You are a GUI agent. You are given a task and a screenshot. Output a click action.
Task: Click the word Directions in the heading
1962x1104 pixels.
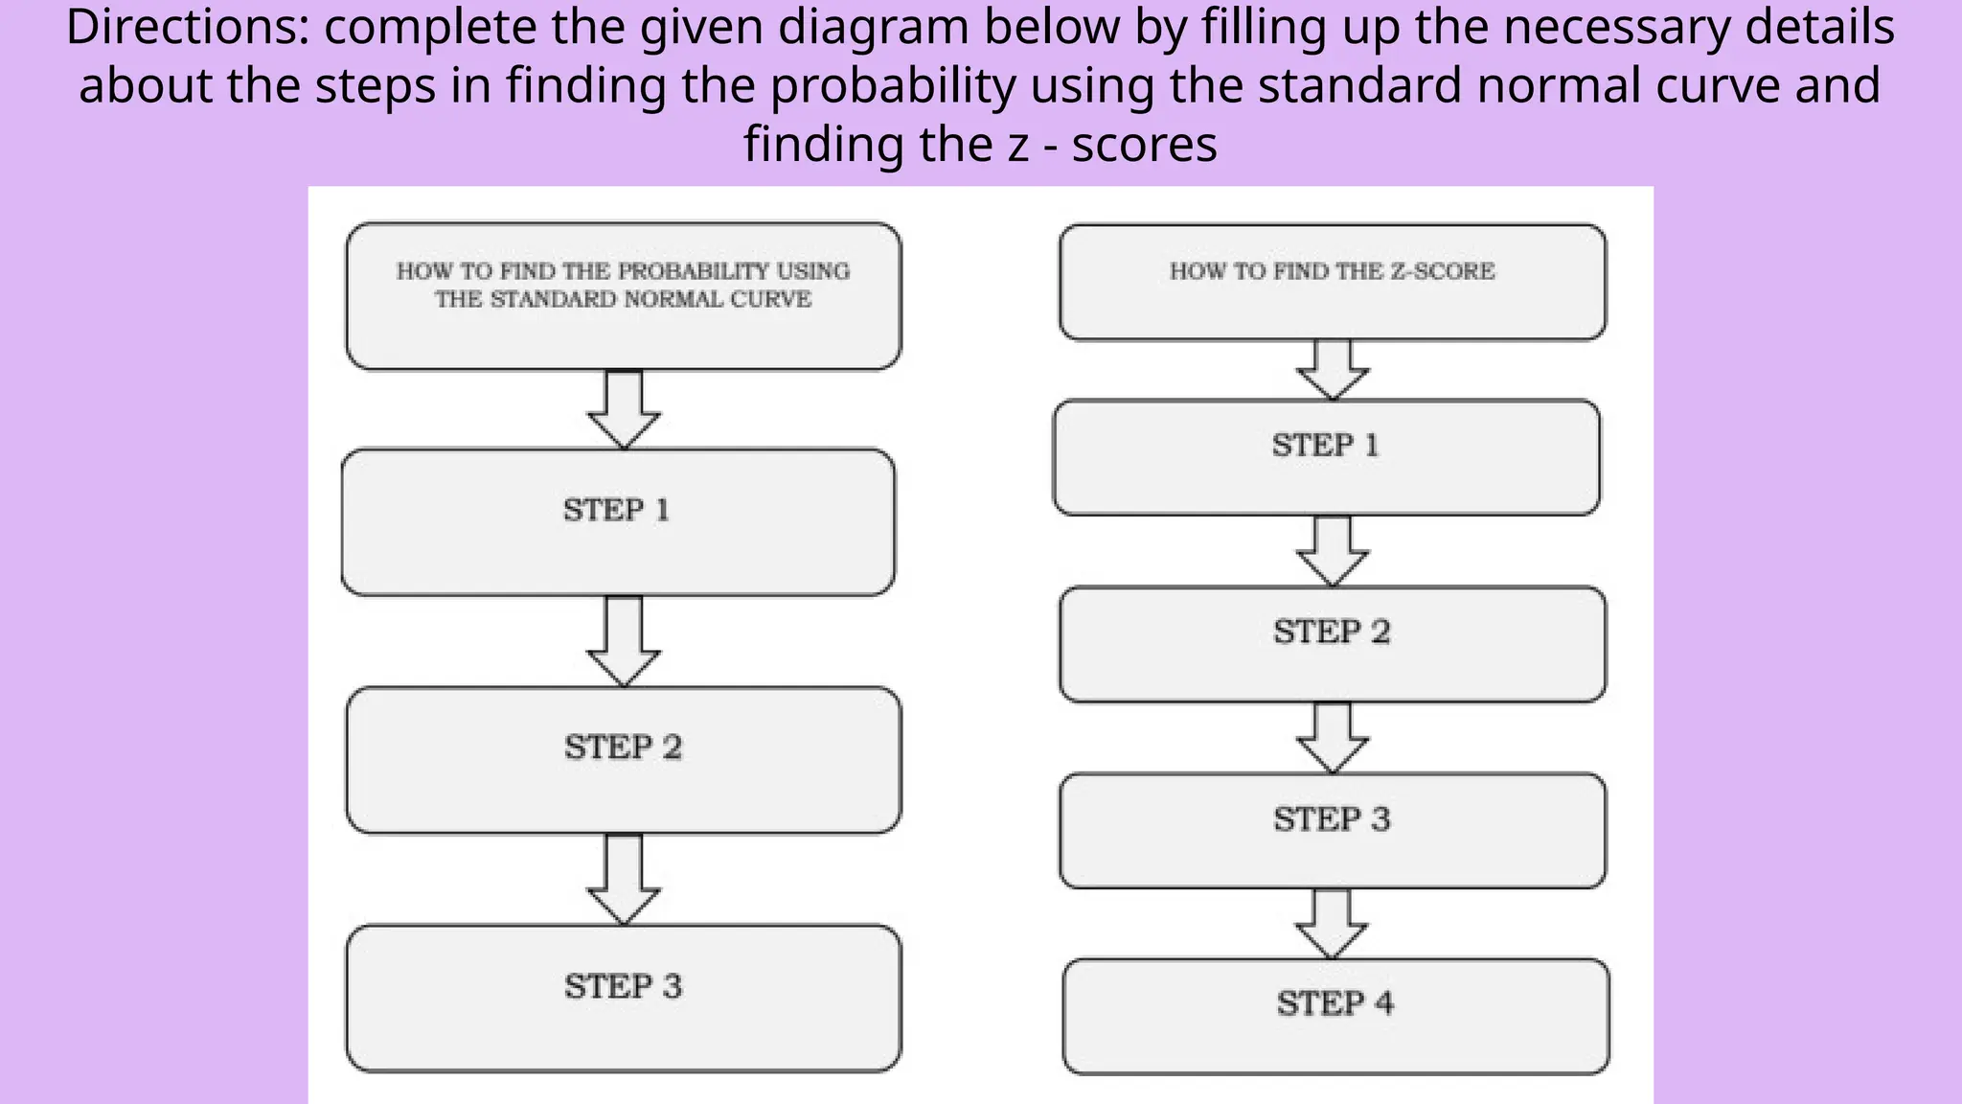(185, 27)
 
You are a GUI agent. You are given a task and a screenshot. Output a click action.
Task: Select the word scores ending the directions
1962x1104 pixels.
(1144, 145)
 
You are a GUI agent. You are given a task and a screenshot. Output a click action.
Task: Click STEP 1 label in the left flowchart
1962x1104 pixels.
(616, 510)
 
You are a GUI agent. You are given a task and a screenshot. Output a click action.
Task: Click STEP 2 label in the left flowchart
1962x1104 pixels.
(623, 747)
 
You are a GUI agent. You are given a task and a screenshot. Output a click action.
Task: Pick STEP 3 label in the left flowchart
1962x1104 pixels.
(623, 986)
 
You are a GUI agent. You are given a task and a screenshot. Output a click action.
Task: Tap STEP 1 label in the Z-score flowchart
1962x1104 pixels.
(1325, 446)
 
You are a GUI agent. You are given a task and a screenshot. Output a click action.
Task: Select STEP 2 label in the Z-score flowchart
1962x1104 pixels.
(1331, 632)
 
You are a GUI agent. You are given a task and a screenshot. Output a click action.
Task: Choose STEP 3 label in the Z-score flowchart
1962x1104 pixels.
(1331, 819)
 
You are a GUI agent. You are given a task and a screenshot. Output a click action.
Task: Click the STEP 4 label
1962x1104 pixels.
(1335, 1003)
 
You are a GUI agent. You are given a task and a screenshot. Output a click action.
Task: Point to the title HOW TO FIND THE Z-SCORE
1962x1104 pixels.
(1332, 271)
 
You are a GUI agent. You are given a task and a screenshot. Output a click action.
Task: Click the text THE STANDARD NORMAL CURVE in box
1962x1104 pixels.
(623, 300)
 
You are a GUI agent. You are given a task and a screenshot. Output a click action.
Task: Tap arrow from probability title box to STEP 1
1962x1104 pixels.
(624, 408)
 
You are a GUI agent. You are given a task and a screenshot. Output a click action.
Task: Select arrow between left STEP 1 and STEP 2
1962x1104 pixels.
(624, 640)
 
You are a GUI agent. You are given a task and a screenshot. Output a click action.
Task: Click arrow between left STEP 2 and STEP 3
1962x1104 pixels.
(624, 878)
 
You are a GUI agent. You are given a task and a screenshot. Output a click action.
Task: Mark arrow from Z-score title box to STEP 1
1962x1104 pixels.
(1333, 369)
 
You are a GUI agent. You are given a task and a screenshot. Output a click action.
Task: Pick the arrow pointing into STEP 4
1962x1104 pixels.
(1331, 923)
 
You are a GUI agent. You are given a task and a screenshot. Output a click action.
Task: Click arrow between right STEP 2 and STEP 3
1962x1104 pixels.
(1333, 737)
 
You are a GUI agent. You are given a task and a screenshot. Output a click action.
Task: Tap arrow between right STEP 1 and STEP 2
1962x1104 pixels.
(1333, 550)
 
